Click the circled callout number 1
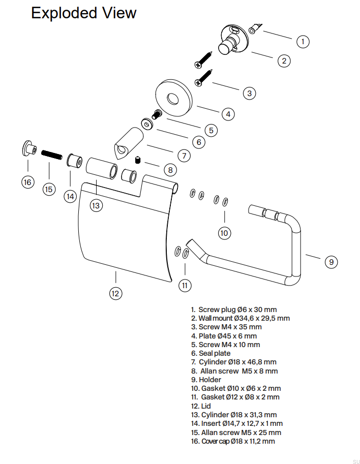click(x=303, y=41)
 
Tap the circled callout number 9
click(x=331, y=262)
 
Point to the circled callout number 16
click(x=27, y=182)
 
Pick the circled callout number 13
click(x=97, y=205)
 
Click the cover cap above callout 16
click(x=27, y=149)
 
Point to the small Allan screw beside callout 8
click(x=137, y=161)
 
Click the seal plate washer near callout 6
click(x=148, y=123)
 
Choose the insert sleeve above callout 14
click(x=74, y=162)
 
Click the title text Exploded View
click(x=84, y=13)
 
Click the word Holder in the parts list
click(x=210, y=380)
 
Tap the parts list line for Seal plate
click(x=211, y=353)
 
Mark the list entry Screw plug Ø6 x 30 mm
click(x=233, y=310)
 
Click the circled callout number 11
click(x=185, y=286)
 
